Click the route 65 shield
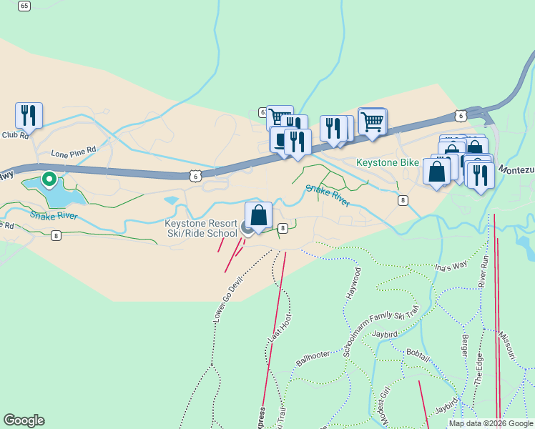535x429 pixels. click(25, 6)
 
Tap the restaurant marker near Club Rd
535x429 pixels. click(29, 115)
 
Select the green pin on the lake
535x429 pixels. click(49, 179)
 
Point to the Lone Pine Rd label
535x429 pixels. click(73, 152)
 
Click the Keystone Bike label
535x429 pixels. click(388, 163)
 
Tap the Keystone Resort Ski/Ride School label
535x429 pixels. click(201, 228)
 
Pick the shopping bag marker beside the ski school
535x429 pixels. click(258, 215)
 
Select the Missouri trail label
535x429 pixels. click(506, 345)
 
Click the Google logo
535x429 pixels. click(24, 420)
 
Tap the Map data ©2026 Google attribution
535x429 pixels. click(491, 423)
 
